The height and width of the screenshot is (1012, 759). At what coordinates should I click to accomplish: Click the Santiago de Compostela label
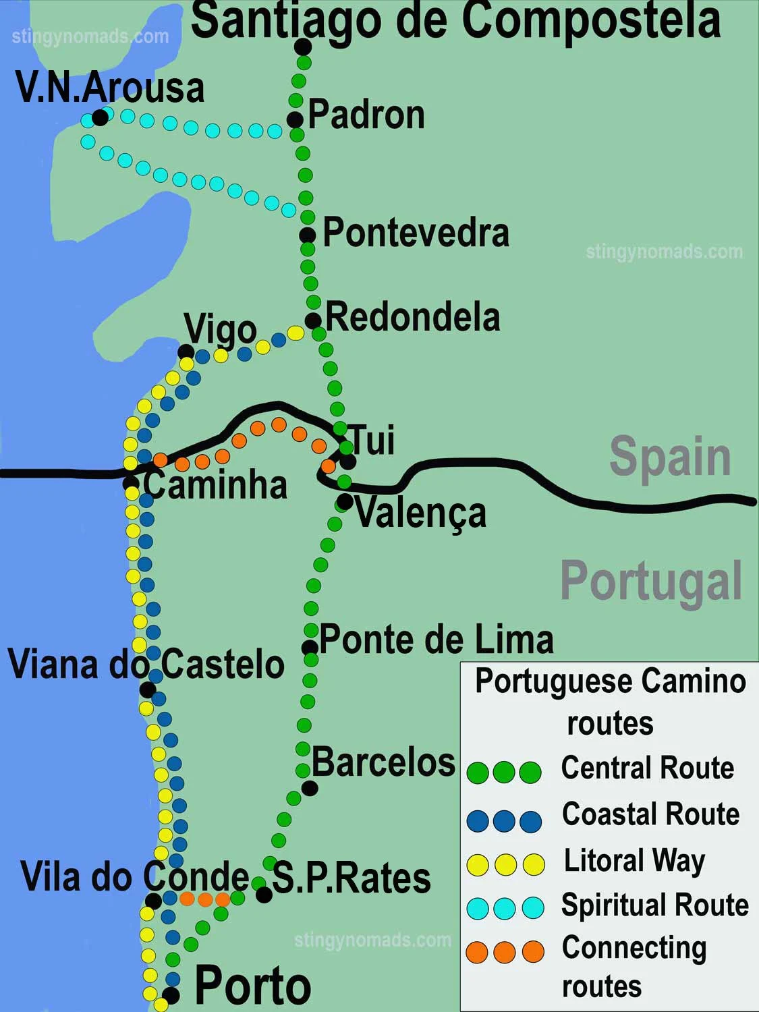point(456,20)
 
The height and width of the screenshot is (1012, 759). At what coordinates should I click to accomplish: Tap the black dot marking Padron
point(295,120)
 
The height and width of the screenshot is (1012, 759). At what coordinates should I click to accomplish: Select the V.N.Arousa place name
point(110,88)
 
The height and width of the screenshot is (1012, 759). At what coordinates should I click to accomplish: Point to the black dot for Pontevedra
point(308,235)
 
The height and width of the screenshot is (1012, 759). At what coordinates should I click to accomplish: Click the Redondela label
point(412,317)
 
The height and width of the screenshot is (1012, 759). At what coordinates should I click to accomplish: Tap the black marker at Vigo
point(186,352)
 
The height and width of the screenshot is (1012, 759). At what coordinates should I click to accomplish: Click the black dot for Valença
point(345,502)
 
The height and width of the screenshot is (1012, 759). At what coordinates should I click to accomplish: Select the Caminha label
point(215,485)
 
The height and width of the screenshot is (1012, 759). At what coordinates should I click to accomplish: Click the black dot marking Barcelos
point(310,787)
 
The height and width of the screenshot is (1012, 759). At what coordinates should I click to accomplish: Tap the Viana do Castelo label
point(146,664)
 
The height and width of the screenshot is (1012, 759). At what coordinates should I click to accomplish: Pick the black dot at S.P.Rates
point(264,895)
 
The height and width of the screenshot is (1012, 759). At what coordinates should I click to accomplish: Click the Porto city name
point(252,986)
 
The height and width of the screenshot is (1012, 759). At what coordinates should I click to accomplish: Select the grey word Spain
point(670,457)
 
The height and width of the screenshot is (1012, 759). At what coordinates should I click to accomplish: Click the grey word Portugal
point(651,581)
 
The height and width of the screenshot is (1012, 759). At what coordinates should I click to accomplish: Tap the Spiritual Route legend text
point(654,905)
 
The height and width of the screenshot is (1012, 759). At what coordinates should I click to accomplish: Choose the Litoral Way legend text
point(634,861)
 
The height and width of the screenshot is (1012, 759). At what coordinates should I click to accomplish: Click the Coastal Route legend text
point(650,814)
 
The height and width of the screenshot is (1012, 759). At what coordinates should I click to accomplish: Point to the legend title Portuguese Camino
point(610,681)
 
